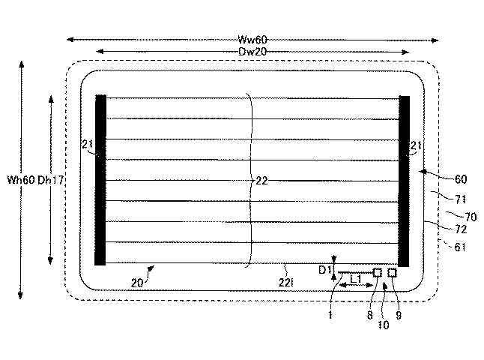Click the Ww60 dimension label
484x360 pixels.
point(252,40)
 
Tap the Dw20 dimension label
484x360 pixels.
point(252,51)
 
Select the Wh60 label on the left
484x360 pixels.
point(21,180)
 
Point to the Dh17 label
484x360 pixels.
point(51,180)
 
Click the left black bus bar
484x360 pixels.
point(100,180)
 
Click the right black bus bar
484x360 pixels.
point(404,181)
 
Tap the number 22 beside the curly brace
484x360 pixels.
point(261,181)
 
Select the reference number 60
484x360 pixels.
point(461,179)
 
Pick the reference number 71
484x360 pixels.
point(460,199)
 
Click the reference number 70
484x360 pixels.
point(471,217)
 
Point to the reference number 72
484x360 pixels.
point(461,229)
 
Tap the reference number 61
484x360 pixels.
point(460,247)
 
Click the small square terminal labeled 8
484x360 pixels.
point(377,272)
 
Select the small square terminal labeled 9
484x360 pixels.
point(392,272)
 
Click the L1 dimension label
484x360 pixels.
point(356,279)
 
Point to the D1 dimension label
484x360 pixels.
point(324,270)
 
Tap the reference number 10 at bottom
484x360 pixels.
point(384,325)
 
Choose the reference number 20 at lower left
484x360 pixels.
point(137,283)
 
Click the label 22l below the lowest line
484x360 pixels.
point(285,283)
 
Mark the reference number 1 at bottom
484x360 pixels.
point(330,315)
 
